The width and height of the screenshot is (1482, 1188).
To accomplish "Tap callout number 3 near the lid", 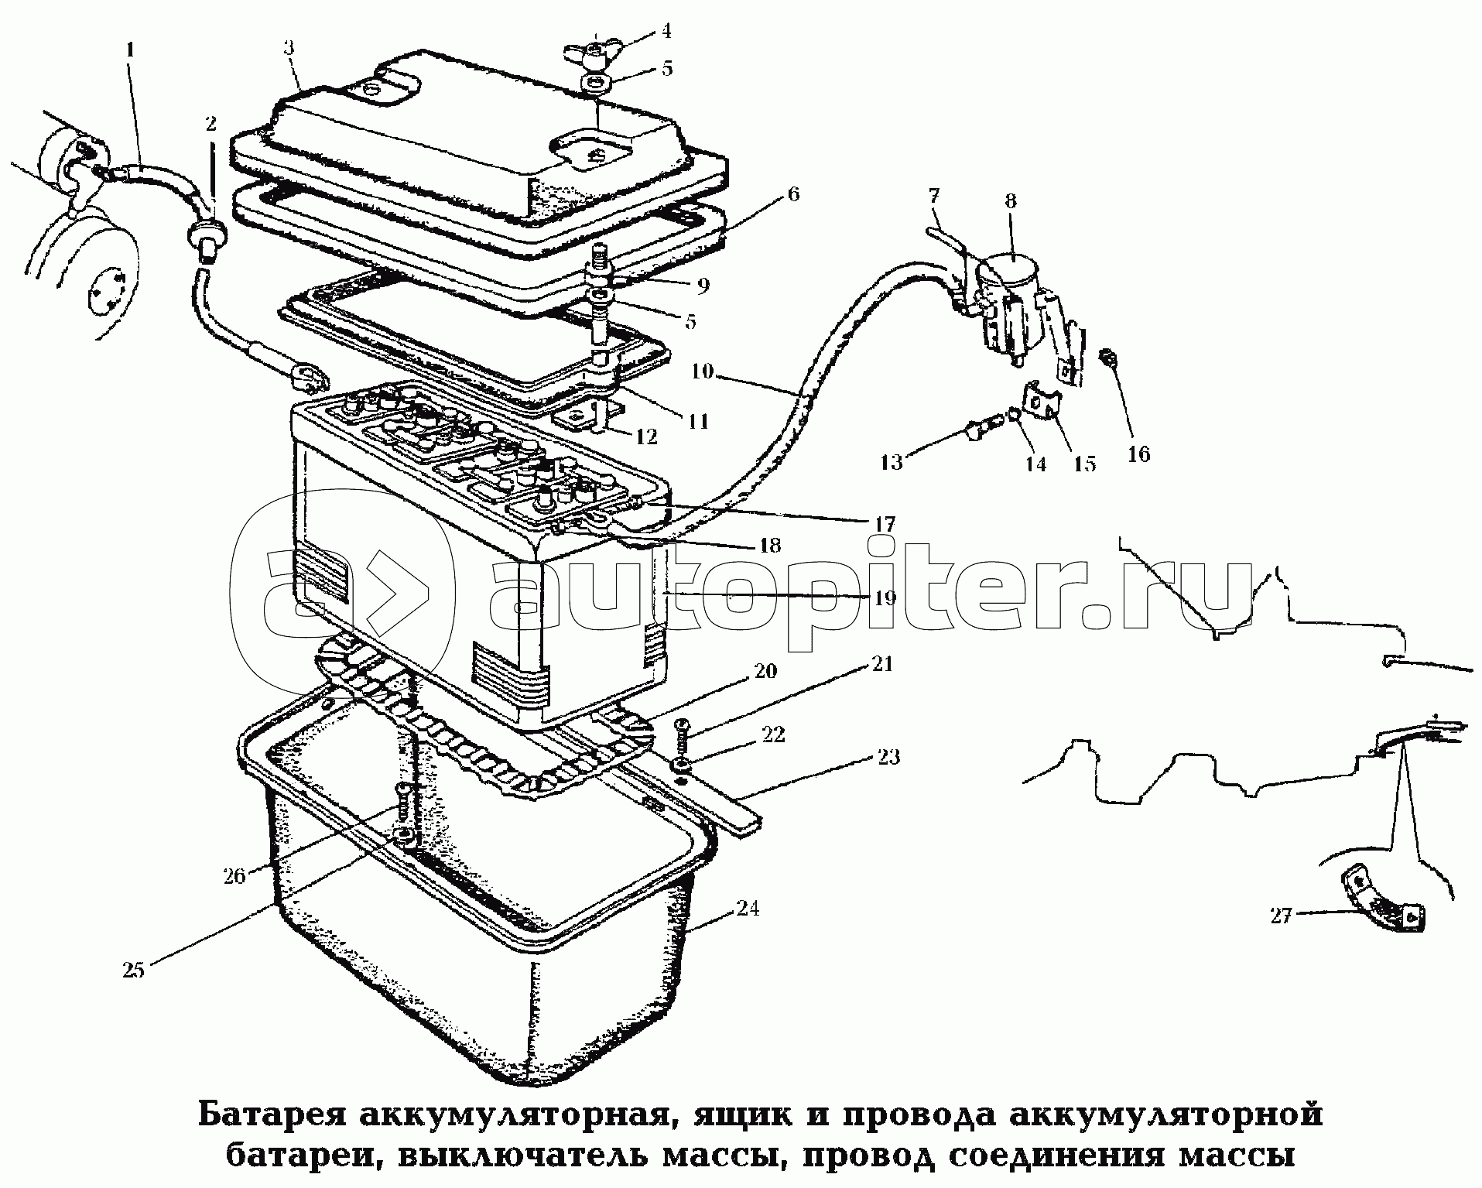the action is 289,47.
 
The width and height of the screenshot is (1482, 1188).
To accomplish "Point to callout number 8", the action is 1011,202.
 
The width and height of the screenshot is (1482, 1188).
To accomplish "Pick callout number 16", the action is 1138,453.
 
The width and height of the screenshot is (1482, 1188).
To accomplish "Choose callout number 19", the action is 885,597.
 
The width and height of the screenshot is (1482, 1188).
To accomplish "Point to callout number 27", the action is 1281,916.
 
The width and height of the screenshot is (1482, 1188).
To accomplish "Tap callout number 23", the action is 888,756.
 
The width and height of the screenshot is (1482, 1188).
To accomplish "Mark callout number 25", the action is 135,971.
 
